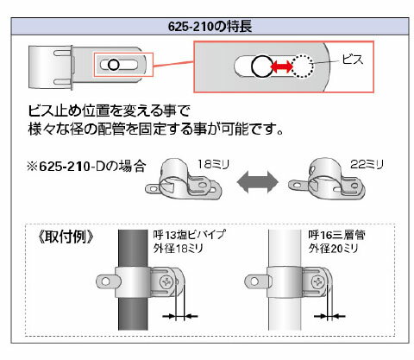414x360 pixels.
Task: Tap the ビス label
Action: click(x=354, y=60)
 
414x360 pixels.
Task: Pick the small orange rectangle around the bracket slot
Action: click(x=122, y=65)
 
